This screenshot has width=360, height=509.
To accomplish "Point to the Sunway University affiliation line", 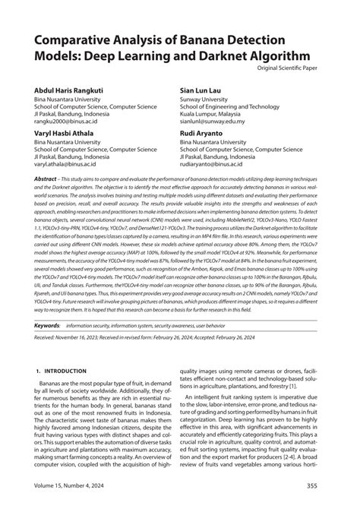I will pos(210,99).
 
